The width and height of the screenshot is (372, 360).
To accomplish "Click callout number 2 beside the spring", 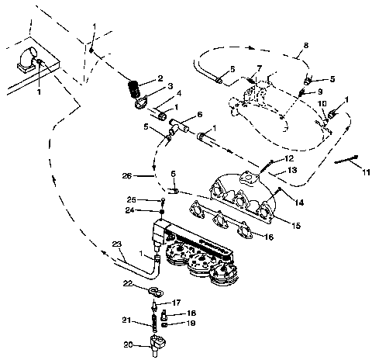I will point(159,78).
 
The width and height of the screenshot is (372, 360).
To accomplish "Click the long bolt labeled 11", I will point(346,161).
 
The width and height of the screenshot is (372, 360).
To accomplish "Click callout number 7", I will point(259,69).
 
